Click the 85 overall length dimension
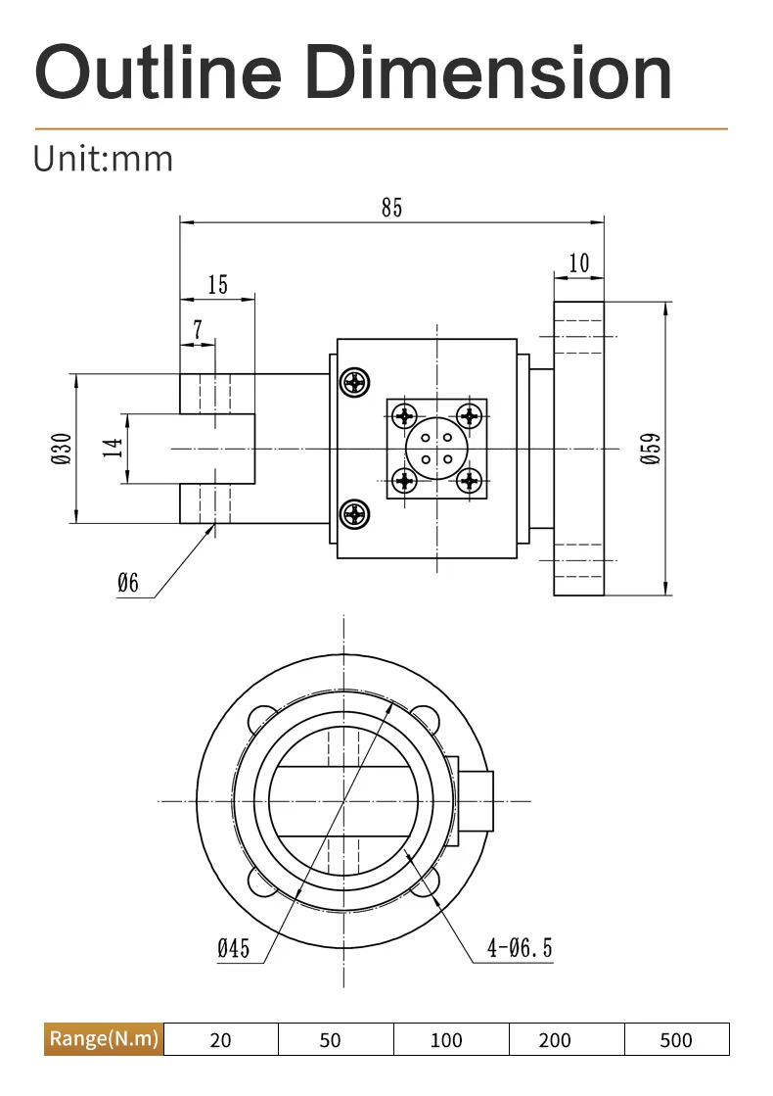pos(391,208)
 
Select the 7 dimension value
pos(198,330)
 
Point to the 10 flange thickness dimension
pos(578,262)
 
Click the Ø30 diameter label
pos(63,448)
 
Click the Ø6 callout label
pos(128,584)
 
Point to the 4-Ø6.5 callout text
pos(520,947)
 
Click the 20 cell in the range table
pos(221,1039)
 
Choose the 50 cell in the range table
pos(331,1039)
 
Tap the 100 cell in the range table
pos(446,1039)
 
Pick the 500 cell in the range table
pos(676,1039)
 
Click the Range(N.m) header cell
pos(104,1038)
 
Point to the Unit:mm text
pos(103,159)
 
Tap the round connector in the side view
pos(436,448)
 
